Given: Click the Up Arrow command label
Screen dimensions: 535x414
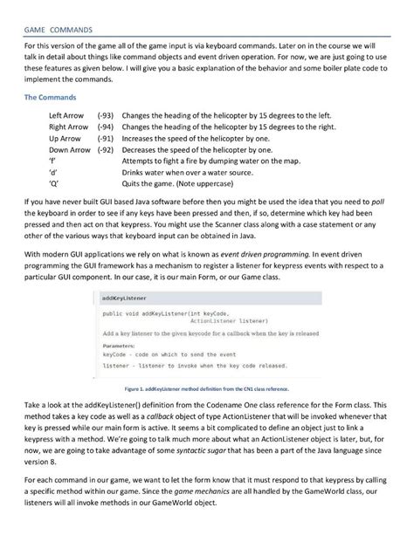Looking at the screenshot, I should [x=66, y=138].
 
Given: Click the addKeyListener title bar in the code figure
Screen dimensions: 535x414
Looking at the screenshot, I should [x=119, y=297].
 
